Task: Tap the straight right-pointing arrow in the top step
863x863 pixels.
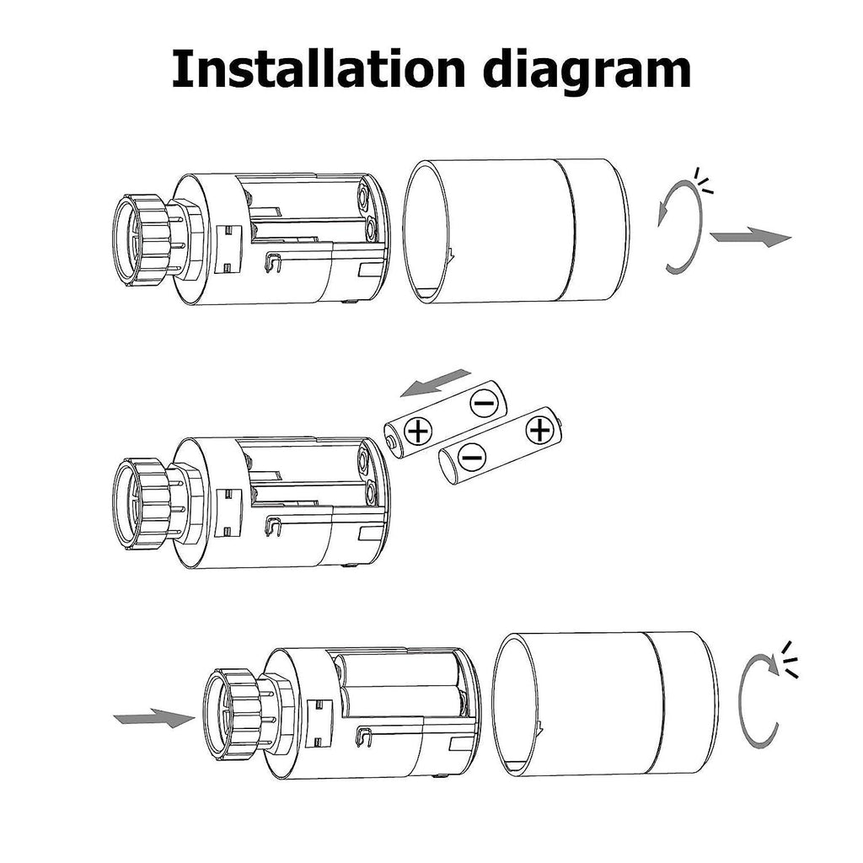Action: tap(750, 238)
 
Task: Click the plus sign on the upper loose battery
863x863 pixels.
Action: tap(417, 433)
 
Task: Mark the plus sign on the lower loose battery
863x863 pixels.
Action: tap(538, 430)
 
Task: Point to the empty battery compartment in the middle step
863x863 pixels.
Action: tap(308, 476)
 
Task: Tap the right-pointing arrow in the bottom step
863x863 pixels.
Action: tap(153, 718)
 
